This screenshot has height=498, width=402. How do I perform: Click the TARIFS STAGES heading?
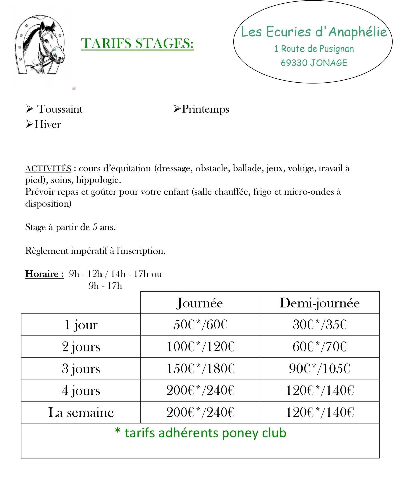[137, 43]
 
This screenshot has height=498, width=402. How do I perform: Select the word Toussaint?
[60, 109]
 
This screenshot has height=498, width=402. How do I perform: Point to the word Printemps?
[205, 109]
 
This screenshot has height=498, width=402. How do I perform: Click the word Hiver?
[47, 124]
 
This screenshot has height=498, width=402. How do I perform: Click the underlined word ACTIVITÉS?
[48, 168]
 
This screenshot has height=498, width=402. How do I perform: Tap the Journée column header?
[200, 303]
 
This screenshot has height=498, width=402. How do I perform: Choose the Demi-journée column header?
[320, 303]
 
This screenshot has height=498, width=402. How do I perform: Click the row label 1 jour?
[81, 325]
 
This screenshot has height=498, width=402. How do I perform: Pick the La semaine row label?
[81, 413]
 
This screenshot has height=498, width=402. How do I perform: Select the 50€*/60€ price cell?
[200, 325]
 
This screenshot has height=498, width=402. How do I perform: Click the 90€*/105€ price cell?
[320, 369]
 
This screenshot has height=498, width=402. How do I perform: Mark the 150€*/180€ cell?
[200, 369]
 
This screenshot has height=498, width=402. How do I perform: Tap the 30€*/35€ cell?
[320, 325]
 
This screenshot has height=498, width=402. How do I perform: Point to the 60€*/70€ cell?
[320, 346]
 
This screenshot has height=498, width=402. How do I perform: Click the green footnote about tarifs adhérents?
[200, 433]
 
